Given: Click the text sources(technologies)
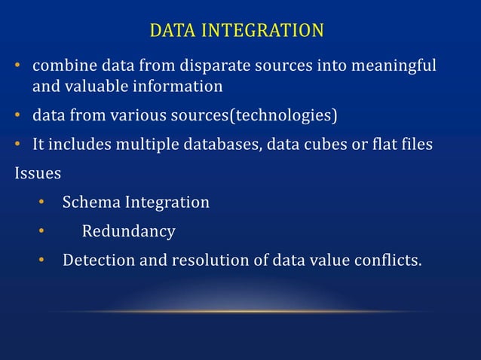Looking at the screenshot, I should pos(248,116).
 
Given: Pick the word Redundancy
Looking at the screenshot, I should pos(129,231).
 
